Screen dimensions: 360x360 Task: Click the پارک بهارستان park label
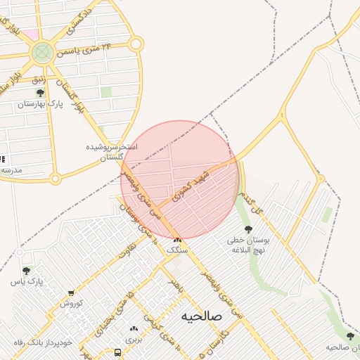point(40,104)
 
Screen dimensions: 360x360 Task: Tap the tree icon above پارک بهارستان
point(39,92)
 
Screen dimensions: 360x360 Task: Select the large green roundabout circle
point(42,51)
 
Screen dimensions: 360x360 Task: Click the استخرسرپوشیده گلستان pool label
point(112,151)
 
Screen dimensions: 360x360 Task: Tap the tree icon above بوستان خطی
point(247,229)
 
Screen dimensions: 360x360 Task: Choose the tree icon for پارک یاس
point(27,271)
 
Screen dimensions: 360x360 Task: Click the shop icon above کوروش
point(71,293)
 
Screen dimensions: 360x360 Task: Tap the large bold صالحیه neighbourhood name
point(201,316)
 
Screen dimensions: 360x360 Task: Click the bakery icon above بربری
point(134,328)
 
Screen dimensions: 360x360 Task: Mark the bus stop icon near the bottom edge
point(117,353)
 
